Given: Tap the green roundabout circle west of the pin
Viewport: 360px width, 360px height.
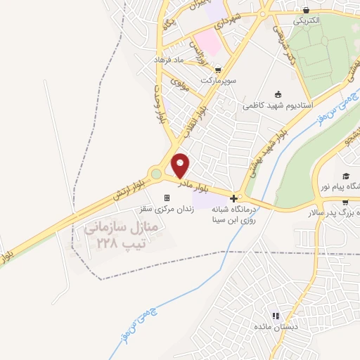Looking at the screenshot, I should click(155, 173).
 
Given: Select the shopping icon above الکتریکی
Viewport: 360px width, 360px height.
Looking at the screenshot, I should click(307, 10).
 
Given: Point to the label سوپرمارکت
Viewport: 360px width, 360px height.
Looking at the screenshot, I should click(219, 81).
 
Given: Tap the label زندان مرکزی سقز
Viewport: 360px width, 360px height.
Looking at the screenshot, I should click(167, 209).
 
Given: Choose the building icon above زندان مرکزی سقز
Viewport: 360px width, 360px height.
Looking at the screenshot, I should click(167, 198).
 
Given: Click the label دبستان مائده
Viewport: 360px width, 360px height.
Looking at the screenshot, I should click(276, 327).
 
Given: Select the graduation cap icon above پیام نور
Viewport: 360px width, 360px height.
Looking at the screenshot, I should click(345, 176).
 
